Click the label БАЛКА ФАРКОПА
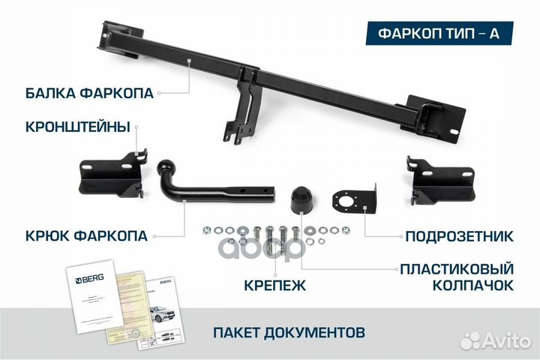88,93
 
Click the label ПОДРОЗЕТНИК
458,236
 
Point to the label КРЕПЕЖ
274,285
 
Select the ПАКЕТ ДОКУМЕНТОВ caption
289,331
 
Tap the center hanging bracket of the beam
242,116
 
